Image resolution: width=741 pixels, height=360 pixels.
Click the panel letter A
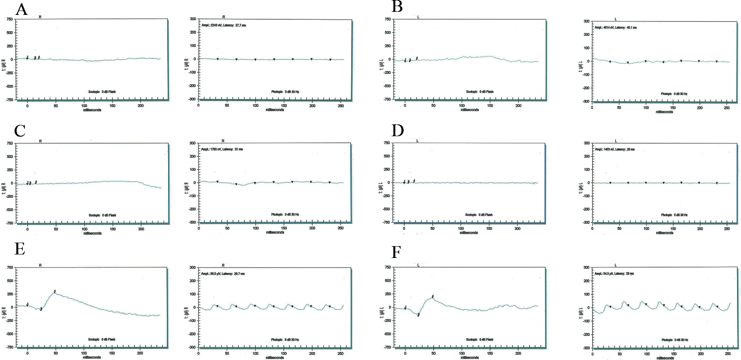point(21,9)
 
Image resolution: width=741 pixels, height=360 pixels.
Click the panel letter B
point(397,7)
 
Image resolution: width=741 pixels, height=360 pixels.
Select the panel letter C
point(20,131)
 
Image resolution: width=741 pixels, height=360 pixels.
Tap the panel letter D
point(397,130)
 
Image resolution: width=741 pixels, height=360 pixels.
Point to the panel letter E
point(20,249)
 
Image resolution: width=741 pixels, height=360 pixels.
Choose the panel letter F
point(396,252)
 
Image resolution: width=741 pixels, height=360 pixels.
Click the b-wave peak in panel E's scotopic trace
point(55,292)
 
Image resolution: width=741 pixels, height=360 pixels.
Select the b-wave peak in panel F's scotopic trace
point(433,297)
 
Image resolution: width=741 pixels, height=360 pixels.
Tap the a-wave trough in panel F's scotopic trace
point(419,314)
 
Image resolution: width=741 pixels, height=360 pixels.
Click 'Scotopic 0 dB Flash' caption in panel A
point(102,92)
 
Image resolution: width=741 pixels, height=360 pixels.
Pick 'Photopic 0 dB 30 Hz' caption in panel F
point(674,340)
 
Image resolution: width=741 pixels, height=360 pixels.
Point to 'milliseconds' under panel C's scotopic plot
point(92,233)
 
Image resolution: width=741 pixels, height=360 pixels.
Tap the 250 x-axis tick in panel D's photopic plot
point(727,229)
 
